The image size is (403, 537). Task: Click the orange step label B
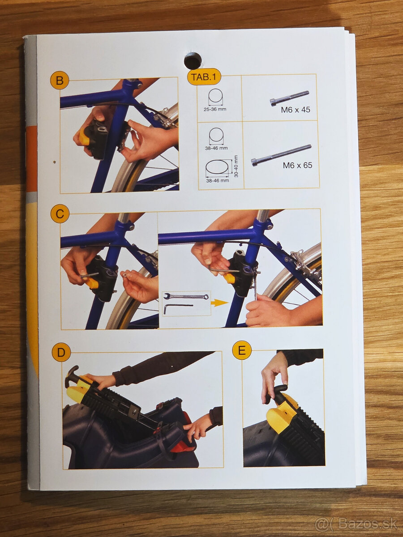[x=60, y=80]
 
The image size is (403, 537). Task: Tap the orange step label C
[x=60, y=214]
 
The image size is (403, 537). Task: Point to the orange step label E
[x=241, y=350]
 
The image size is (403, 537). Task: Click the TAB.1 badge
[x=204, y=77]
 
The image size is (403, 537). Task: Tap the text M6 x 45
[x=296, y=110]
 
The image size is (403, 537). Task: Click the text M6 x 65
[x=297, y=166]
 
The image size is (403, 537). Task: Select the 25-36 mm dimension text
[x=215, y=109]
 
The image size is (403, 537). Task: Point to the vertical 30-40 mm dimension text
[x=236, y=166]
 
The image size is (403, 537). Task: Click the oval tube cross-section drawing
[x=217, y=167]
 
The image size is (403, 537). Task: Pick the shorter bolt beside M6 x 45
[x=289, y=98]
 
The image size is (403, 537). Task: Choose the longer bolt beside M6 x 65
[x=281, y=155]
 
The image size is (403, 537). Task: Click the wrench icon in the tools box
[x=186, y=296]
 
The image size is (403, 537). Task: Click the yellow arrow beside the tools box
[x=219, y=303]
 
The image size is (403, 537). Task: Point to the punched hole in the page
[x=193, y=60]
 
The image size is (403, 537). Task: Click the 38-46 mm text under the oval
[x=218, y=180]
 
